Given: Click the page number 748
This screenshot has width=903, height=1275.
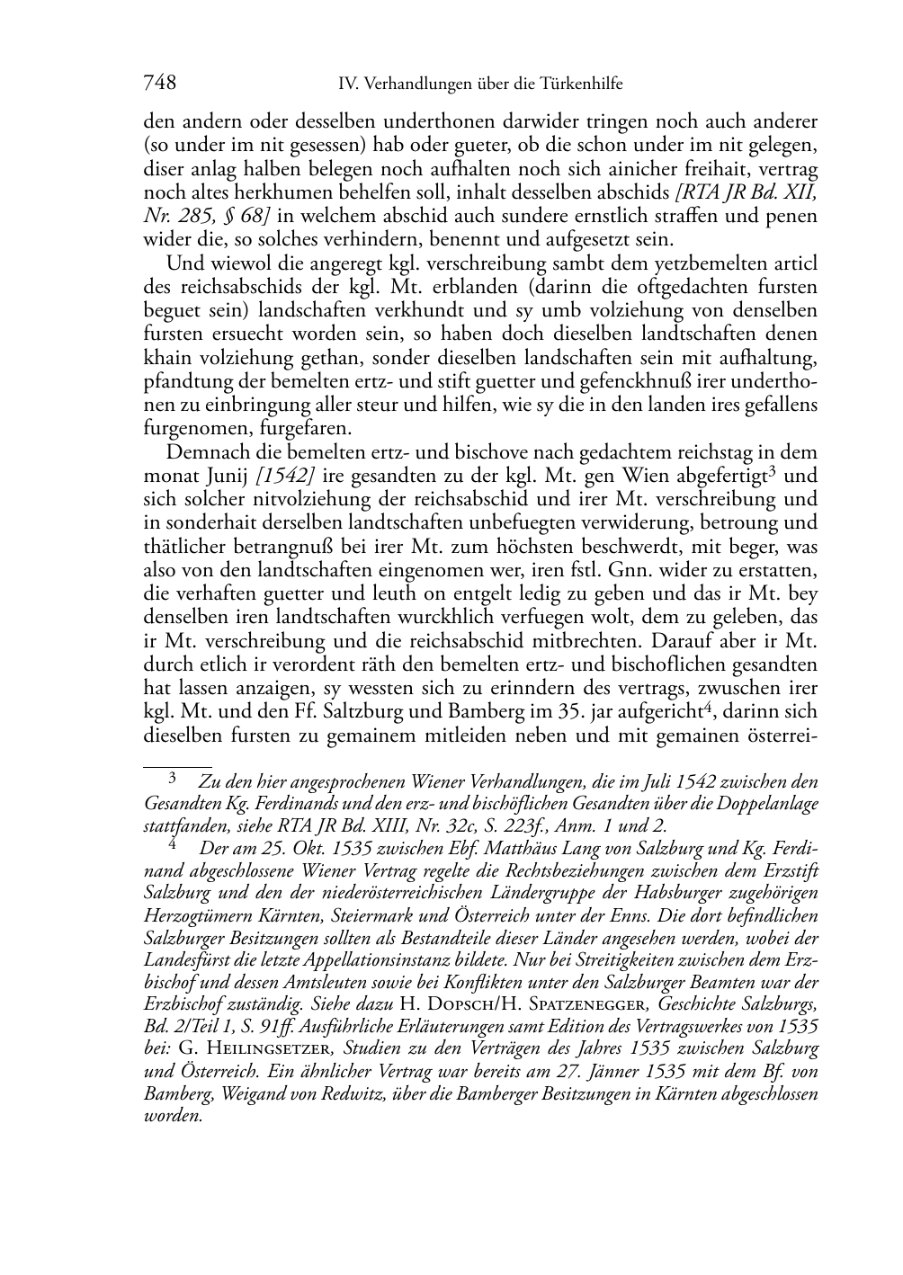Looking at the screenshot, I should [159, 84].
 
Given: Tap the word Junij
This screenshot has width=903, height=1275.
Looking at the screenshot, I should [222, 475].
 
